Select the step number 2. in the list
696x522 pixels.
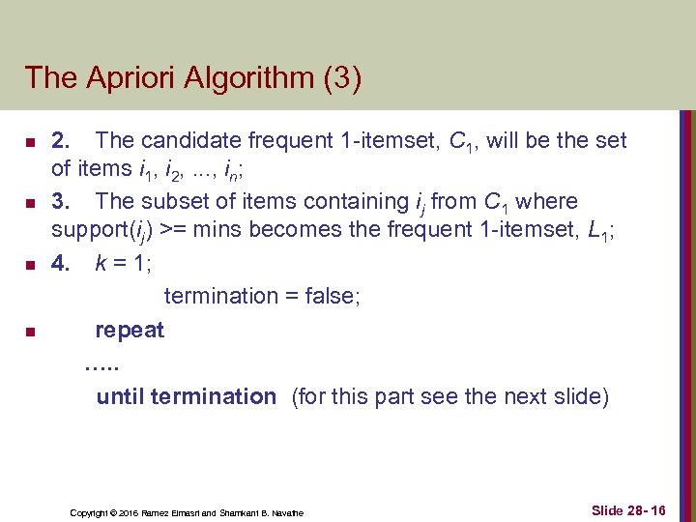(x=60, y=141)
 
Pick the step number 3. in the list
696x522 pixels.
(x=60, y=202)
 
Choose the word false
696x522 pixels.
(x=327, y=296)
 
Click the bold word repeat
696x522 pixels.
(x=130, y=331)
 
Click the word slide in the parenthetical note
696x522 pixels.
(x=576, y=396)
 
